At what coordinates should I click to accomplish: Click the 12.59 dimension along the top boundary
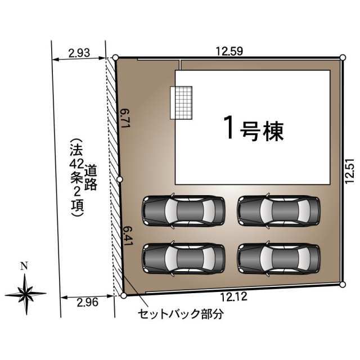229,51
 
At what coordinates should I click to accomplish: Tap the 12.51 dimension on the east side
350,171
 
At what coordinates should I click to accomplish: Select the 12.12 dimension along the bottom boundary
234,296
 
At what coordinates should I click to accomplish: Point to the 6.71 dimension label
125,118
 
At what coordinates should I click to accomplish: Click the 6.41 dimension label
128,236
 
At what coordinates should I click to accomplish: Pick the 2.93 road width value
79,53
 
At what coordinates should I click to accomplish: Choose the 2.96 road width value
88,303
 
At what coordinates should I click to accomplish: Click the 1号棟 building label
254,129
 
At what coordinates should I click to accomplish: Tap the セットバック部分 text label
180,314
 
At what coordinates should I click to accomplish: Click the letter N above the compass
24,266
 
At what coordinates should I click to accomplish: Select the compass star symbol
26,294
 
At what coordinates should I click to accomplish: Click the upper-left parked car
183,211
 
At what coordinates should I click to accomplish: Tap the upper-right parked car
279,211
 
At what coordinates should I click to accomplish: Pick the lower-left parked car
183,259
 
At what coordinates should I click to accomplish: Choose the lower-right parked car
279,259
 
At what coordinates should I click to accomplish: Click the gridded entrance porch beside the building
181,102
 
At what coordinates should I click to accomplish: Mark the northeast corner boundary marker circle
343,57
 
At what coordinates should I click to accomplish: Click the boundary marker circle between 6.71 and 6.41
120,179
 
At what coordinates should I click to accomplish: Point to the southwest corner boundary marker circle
124,295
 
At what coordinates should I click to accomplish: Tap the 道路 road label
91,177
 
